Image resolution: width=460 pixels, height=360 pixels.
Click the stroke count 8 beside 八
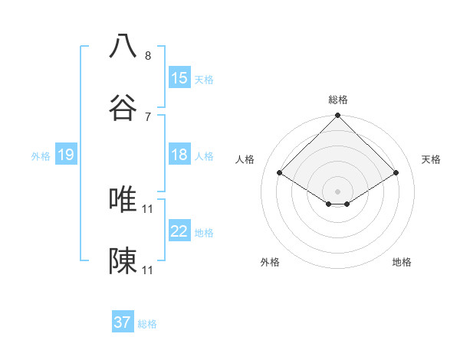coord(148,55)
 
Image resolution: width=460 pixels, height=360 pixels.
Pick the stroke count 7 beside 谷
coord(148,116)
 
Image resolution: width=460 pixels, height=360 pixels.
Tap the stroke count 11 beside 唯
coord(149,208)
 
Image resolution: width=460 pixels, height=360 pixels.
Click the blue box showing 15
coord(179,78)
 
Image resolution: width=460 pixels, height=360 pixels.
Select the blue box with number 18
coord(179,155)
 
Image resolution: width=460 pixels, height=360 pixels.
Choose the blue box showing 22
coord(179,231)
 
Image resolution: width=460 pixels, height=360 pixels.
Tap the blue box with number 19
coord(65,155)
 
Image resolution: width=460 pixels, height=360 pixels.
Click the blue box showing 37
coord(123,322)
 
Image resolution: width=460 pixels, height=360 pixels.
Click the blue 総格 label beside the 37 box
coord(147,324)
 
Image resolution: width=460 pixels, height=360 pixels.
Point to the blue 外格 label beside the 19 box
coord(41,156)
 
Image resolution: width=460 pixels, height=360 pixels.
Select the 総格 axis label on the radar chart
coord(338,100)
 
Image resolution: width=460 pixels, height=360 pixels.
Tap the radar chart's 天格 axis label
coord(431,159)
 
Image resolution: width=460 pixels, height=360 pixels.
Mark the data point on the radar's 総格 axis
coord(338,116)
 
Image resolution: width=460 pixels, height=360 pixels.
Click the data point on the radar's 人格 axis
coord(280,173)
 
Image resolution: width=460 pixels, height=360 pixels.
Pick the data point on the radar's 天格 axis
coord(396,173)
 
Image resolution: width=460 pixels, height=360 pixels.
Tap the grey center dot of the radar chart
coord(338,191)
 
